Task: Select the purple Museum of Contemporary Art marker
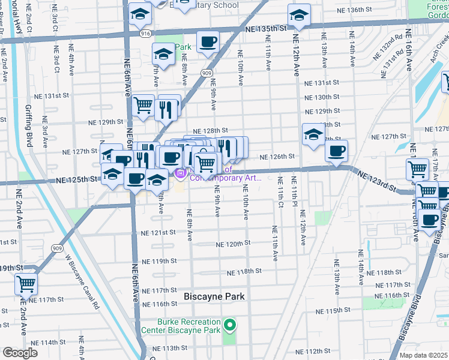179,173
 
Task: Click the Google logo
20,353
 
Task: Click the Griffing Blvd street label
28,125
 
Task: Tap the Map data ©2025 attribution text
423,355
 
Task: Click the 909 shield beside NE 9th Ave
205,73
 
